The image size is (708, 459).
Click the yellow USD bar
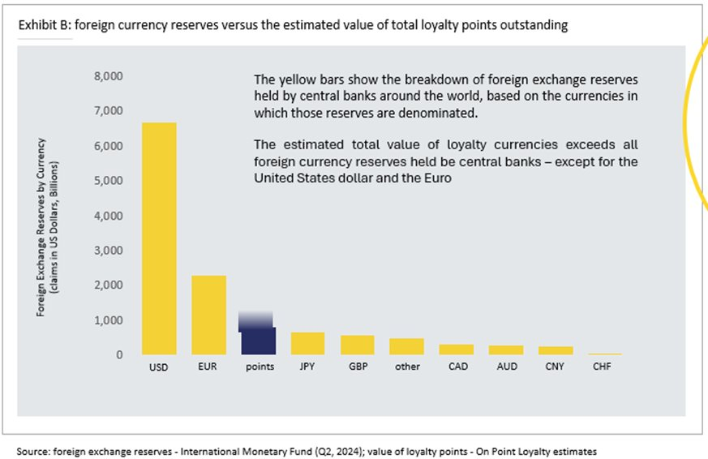click(159, 238)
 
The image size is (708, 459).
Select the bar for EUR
click(208, 315)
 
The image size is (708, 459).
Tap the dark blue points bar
click(258, 341)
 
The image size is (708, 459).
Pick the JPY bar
click(307, 343)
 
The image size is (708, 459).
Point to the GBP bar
click(357, 345)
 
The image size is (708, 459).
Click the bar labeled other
click(406, 346)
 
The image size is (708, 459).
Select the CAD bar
click(457, 350)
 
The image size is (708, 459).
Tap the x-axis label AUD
click(506, 367)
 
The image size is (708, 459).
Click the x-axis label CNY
click(556, 367)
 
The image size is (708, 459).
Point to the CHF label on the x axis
click(603, 367)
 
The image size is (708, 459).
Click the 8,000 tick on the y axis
click(108, 76)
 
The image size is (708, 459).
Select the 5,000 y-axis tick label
click(108, 181)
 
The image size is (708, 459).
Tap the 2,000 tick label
click(108, 285)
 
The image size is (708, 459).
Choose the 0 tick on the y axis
click(118, 354)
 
